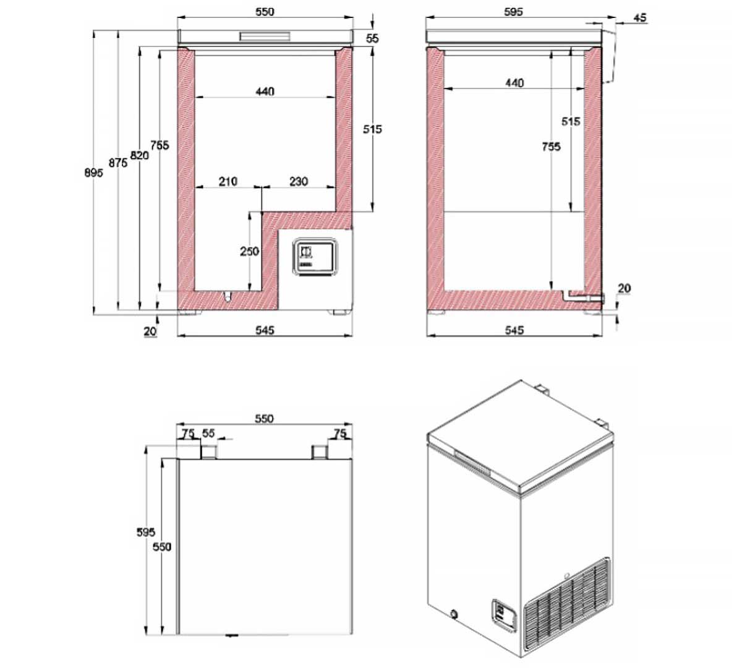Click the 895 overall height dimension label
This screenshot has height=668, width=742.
pos(93,173)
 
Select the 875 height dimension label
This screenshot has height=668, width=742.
pos(118,163)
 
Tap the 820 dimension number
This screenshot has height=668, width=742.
pos(140,155)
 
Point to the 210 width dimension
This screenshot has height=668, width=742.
pos(228,181)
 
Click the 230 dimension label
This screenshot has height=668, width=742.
pos(299,181)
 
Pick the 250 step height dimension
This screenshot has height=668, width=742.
pos(249,252)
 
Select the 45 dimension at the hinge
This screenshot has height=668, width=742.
pos(640,17)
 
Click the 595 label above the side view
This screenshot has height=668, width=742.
pos(514,12)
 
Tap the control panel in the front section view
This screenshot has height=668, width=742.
pos(315,257)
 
